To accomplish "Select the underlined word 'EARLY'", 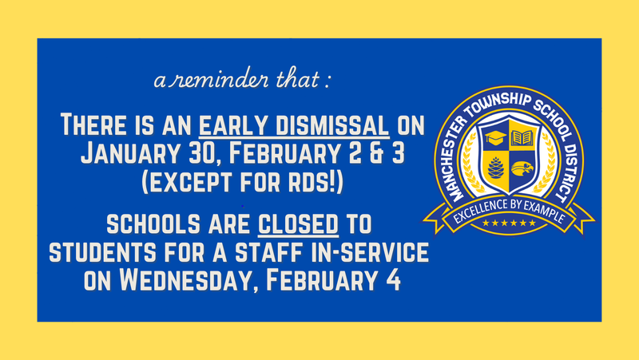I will (x=233, y=126).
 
